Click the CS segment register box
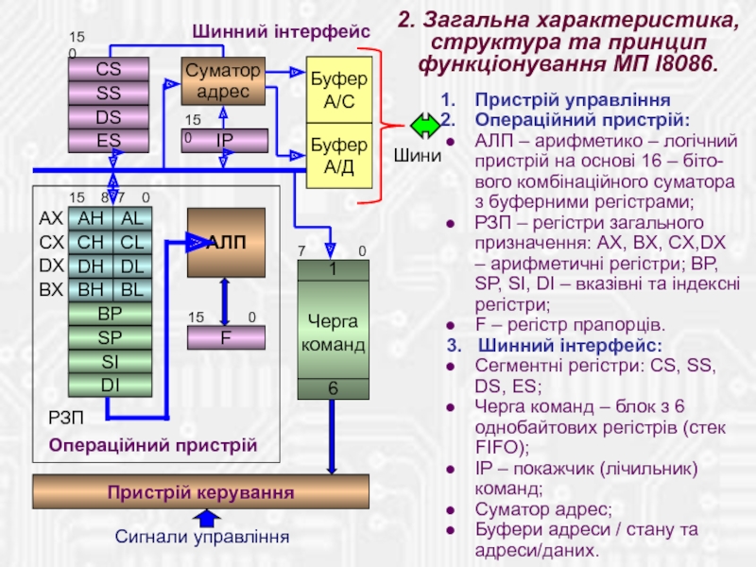(x=109, y=68)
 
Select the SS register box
(x=109, y=93)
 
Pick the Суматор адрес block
(x=223, y=81)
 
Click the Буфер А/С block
(x=339, y=91)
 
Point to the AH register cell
(x=91, y=219)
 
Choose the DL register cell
(x=132, y=266)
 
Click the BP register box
(x=110, y=313)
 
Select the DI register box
(x=110, y=385)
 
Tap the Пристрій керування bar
(x=200, y=492)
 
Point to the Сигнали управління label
(x=200, y=537)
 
